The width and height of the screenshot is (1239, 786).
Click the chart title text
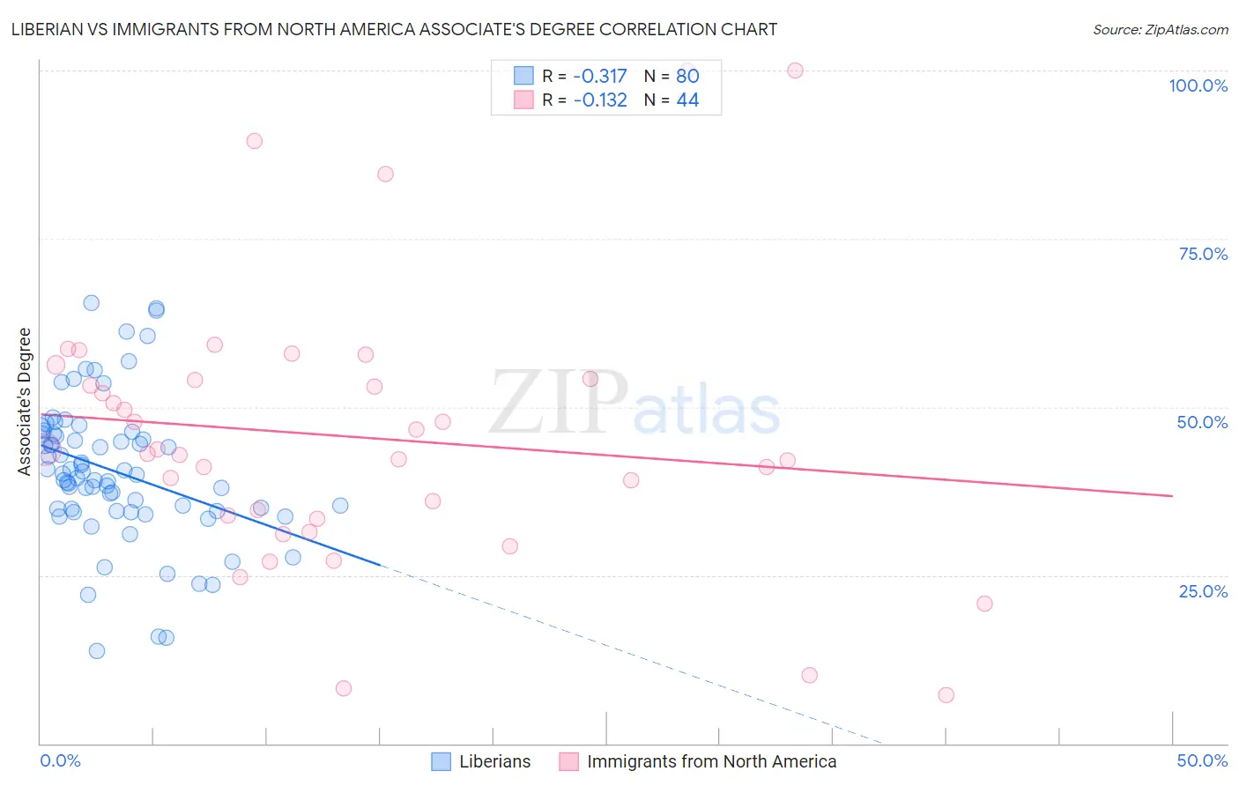tap(393, 29)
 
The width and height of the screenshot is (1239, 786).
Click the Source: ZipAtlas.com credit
tap(1160, 29)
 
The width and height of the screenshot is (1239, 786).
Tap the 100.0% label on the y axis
tap(1198, 85)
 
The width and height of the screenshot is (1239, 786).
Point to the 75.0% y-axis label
tap(1203, 254)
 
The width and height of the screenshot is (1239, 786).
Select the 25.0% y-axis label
tap(1203, 591)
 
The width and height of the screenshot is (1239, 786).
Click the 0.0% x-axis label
tap(60, 760)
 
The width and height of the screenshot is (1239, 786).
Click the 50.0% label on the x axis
tap(1202, 760)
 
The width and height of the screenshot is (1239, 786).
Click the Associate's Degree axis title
tap(25, 402)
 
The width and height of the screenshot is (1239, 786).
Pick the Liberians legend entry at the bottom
tap(481, 761)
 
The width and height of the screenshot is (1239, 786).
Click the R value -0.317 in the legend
tap(599, 76)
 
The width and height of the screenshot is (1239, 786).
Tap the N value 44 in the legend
tap(687, 100)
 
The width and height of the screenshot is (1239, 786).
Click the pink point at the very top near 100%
tap(795, 70)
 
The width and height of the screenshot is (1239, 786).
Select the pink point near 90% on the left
tap(255, 141)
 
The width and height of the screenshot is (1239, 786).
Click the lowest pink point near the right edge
tap(946, 695)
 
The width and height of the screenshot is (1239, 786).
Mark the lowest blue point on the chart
tap(97, 651)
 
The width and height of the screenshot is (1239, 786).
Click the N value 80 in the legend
tap(687, 76)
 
